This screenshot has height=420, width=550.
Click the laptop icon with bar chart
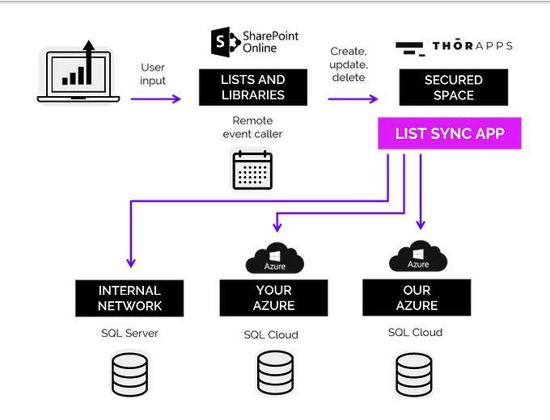point(78,74)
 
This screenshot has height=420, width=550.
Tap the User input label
point(153,74)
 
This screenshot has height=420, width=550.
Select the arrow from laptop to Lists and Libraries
point(156,99)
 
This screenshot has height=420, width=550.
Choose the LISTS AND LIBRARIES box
point(253,87)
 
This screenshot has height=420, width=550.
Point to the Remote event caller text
point(252,128)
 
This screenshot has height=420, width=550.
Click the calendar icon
point(252,169)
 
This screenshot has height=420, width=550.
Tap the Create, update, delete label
point(349,65)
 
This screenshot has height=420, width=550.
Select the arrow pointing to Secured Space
point(353,99)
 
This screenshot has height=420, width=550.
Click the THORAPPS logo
point(454,47)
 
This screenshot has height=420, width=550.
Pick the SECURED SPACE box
point(454,87)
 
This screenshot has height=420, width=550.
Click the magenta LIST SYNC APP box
point(449,133)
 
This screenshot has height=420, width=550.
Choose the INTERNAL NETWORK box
point(129,298)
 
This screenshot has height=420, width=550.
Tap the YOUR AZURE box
point(273,298)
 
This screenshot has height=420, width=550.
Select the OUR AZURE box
point(417,298)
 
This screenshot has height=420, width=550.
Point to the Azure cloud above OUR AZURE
point(417,258)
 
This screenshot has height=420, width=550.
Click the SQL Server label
point(129,333)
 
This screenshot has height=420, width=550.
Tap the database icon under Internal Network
point(129,375)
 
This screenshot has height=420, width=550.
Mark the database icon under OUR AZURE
point(414,375)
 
